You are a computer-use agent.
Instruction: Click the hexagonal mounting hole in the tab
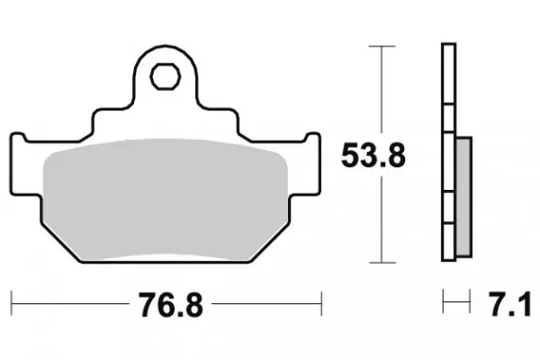click(165, 77)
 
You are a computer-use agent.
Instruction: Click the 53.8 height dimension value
click(373, 156)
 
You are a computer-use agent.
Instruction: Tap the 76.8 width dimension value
click(171, 304)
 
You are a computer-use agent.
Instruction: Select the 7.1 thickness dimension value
click(510, 304)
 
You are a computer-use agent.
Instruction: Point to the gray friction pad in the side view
click(464, 197)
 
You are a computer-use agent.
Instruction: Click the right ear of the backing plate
click(312, 164)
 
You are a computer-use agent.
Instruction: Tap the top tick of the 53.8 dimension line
click(382, 46)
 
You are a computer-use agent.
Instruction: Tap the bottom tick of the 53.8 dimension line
click(382, 263)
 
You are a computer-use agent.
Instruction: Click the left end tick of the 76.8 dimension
click(11, 303)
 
